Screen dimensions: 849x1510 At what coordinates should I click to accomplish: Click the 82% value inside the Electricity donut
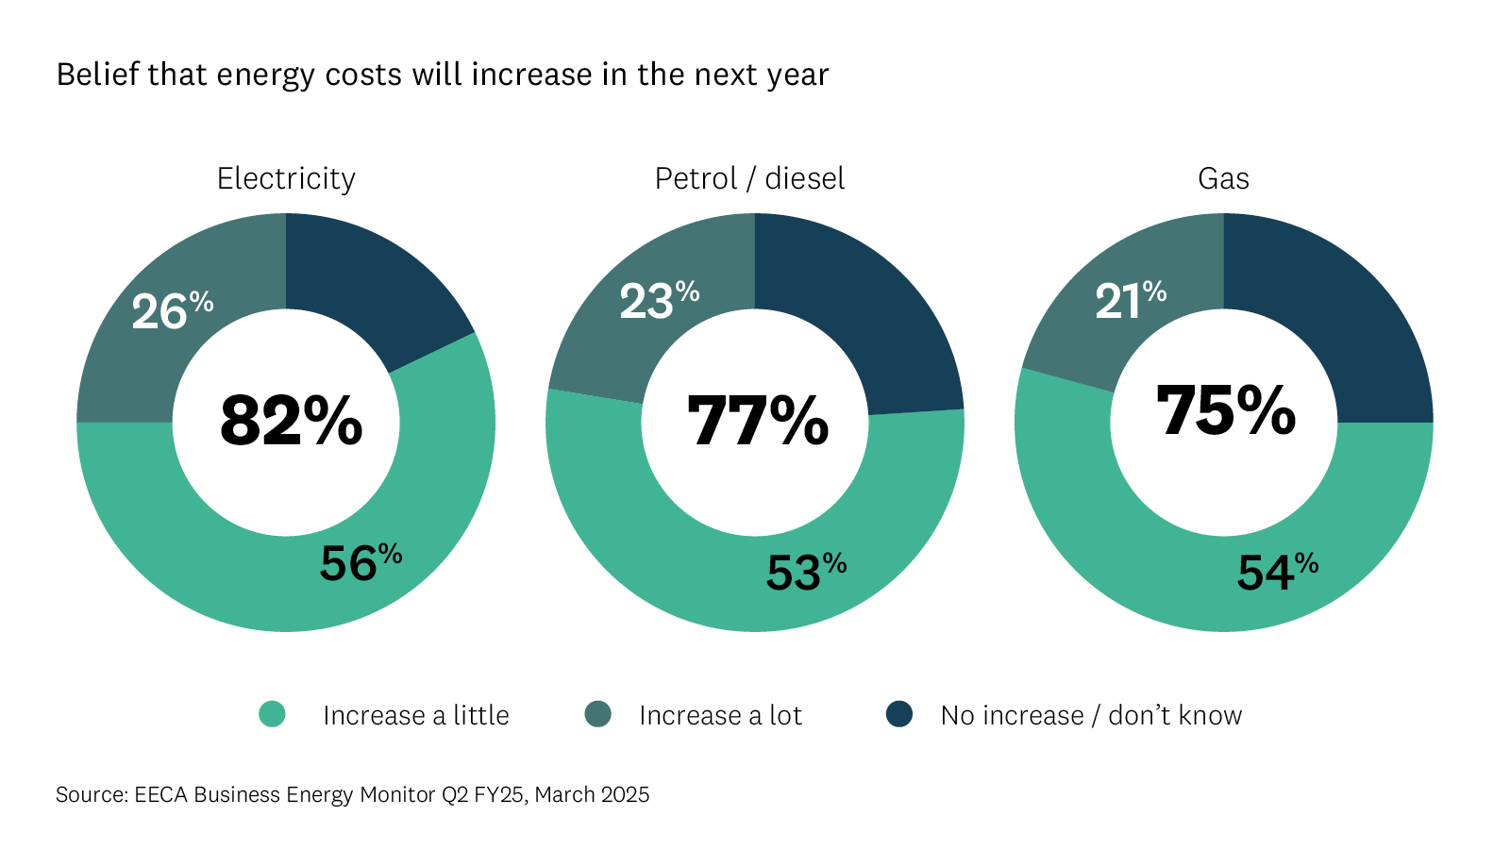(x=291, y=421)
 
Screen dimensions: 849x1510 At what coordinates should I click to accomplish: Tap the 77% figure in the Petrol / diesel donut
(x=758, y=421)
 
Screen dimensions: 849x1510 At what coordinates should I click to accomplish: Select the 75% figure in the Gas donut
(x=1225, y=411)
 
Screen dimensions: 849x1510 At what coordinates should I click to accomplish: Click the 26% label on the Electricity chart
(x=172, y=310)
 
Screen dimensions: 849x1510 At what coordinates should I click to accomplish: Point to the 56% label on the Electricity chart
(x=361, y=563)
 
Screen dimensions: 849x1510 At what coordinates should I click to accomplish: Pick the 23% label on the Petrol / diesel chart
(x=659, y=300)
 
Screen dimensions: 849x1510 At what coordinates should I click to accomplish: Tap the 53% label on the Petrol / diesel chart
(x=806, y=572)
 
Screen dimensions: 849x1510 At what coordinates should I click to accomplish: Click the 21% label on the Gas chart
(x=1130, y=300)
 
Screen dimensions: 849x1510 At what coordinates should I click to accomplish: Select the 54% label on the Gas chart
(x=1277, y=572)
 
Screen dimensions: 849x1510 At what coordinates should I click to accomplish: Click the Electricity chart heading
(x=286, y=178)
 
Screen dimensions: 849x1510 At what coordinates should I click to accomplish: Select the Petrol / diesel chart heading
(x=749, y=178)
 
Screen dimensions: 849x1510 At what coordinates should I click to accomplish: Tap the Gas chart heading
(x=1223, y=178)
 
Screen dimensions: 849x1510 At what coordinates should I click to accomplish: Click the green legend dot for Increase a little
(x=272, y=714)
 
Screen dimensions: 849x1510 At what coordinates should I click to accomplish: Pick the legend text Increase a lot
(x=720, y=715)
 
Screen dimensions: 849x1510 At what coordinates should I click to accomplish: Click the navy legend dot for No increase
(x=899, y=714)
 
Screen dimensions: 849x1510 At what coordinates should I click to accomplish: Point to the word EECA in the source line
(x=161, y=794)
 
